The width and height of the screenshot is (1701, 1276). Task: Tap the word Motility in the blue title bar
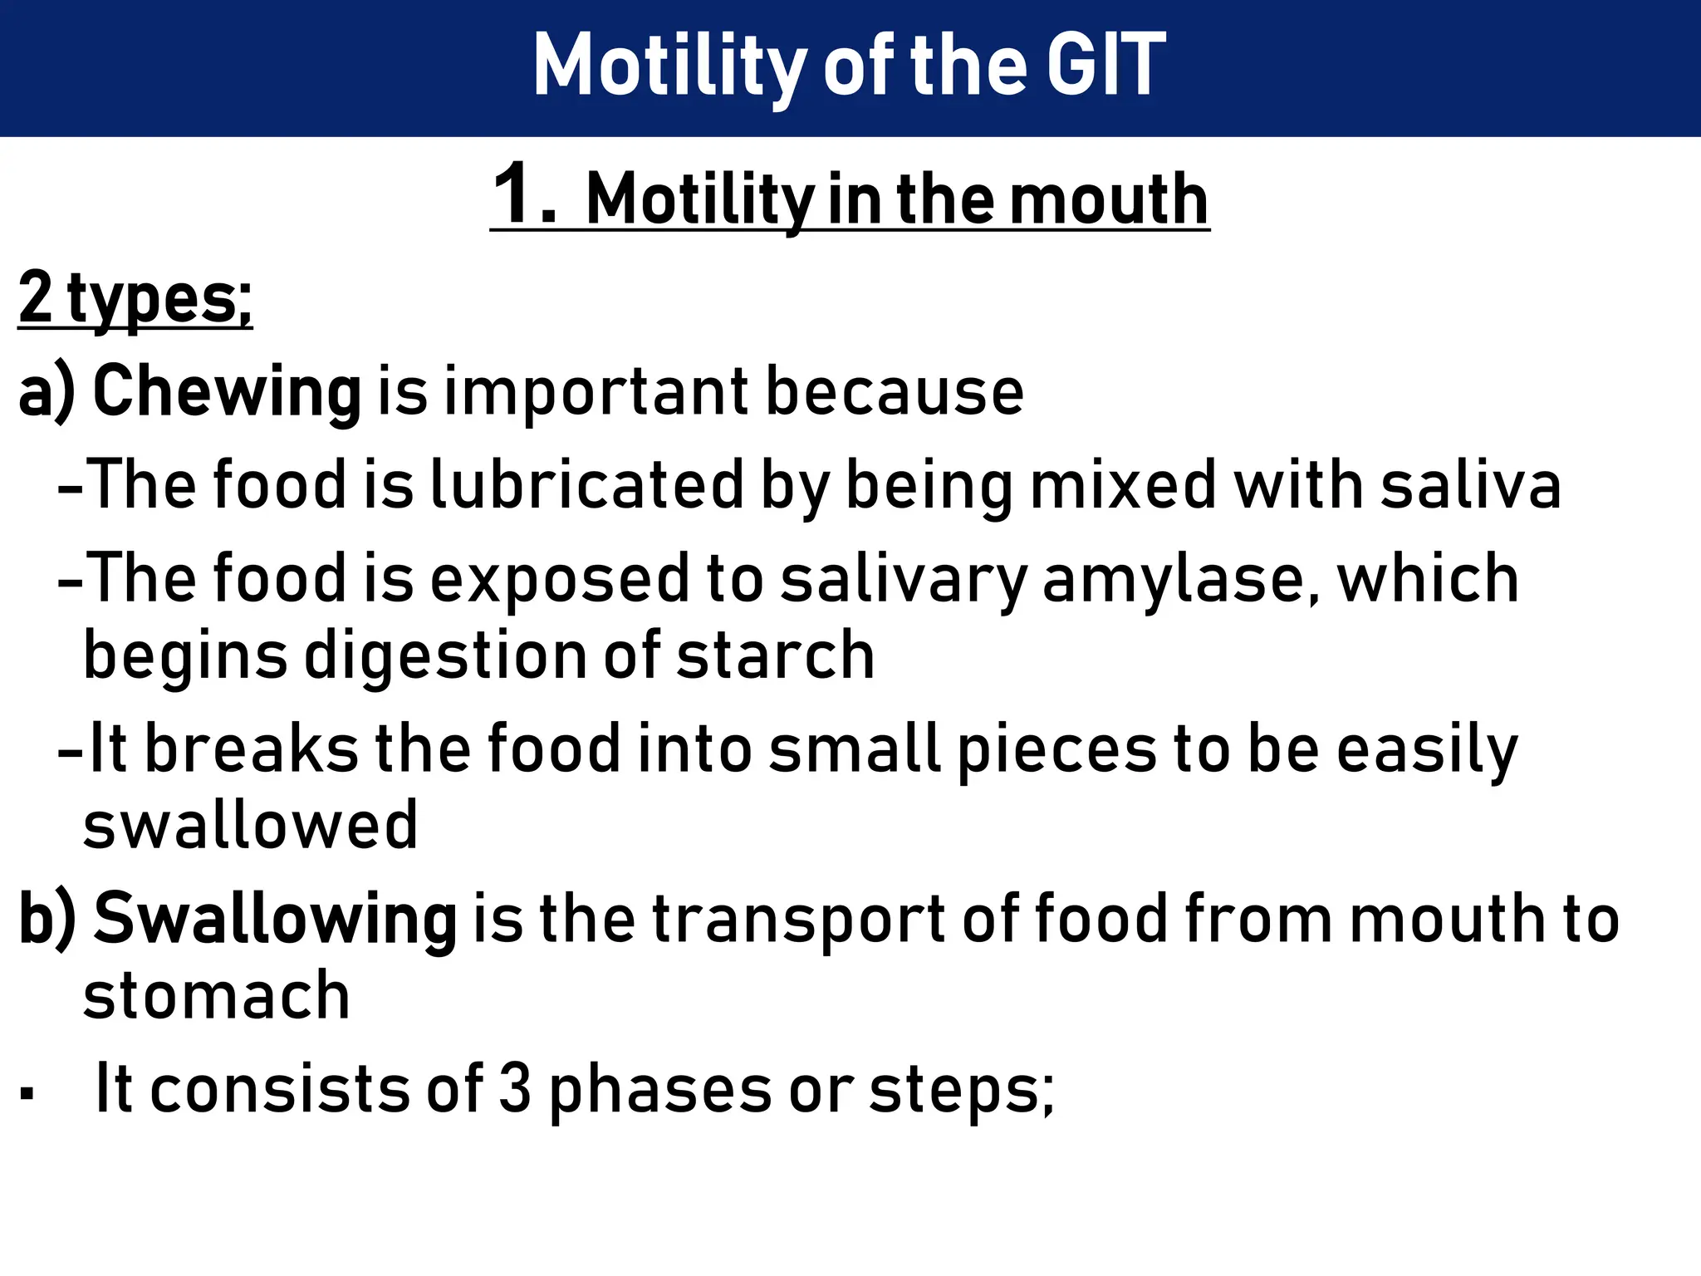coord(669,66)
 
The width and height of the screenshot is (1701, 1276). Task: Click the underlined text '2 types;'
coord(135,299)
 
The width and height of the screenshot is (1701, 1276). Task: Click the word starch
coord(776,655)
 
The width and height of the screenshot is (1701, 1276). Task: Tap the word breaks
coord(252,748)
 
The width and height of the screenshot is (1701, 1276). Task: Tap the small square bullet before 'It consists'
coord(28,1092)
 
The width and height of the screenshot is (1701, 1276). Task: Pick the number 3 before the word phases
coord(515,1089)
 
